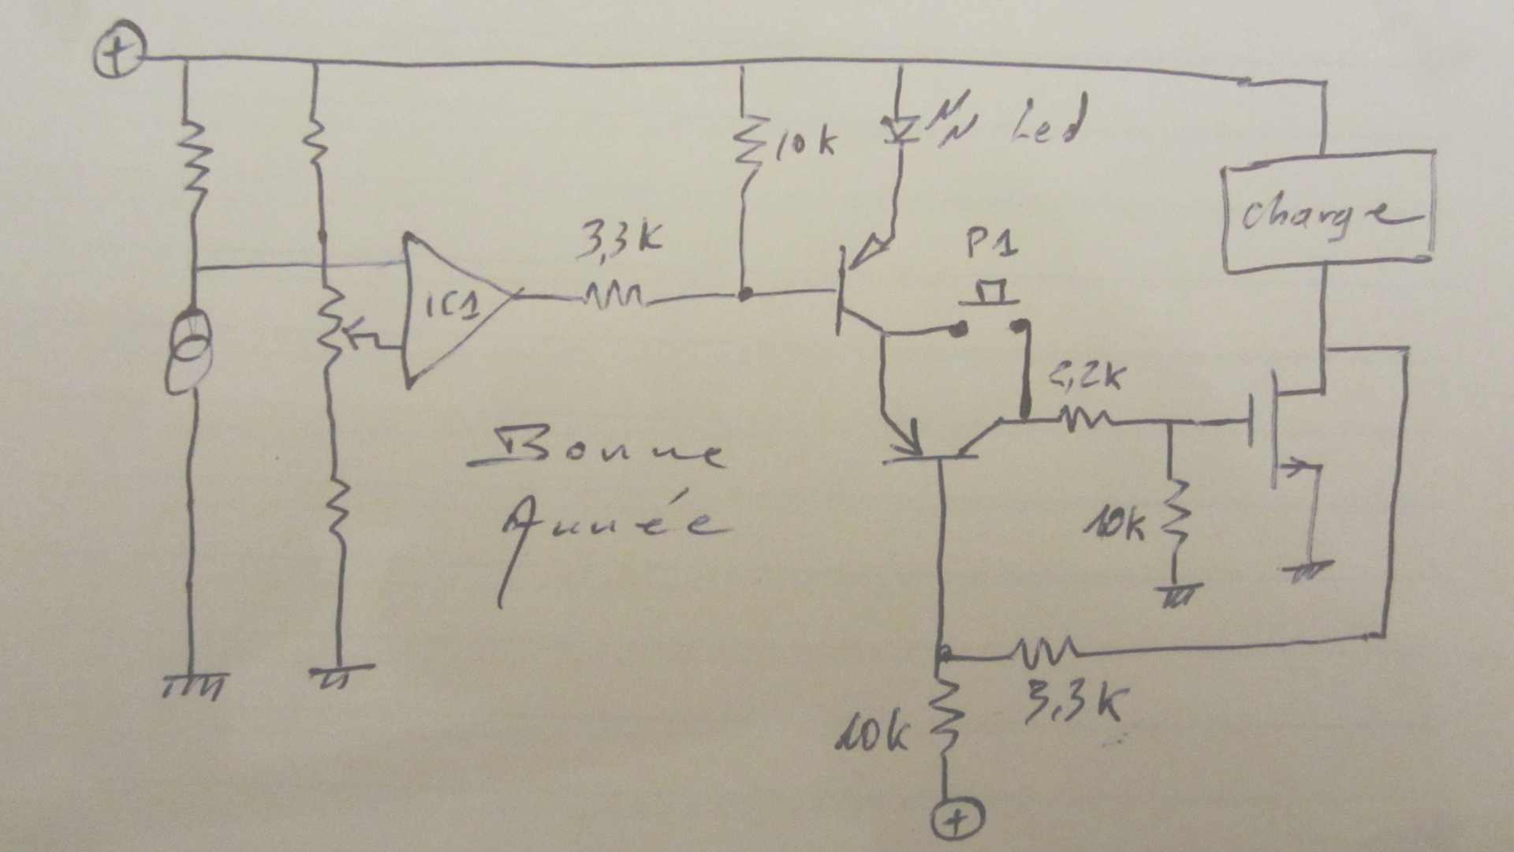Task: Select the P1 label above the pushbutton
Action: pyautogui.click(x=991, y=245)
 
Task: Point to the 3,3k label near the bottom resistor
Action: pyautogui.click(x=1073, y=703)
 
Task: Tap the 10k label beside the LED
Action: pyautogui.click(x=804, y=143)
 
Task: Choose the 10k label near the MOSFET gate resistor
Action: pyautogui.click(x=1115, y=524)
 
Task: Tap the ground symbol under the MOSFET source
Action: pyautogui.click(x=1309, y=570)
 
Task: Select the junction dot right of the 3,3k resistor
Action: pyautogui.click(x=743, y=294)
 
